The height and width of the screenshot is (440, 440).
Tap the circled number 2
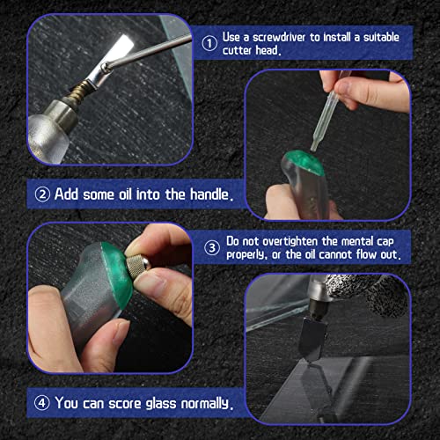click(42, 194)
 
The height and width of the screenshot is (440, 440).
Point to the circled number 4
click(42, 404)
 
